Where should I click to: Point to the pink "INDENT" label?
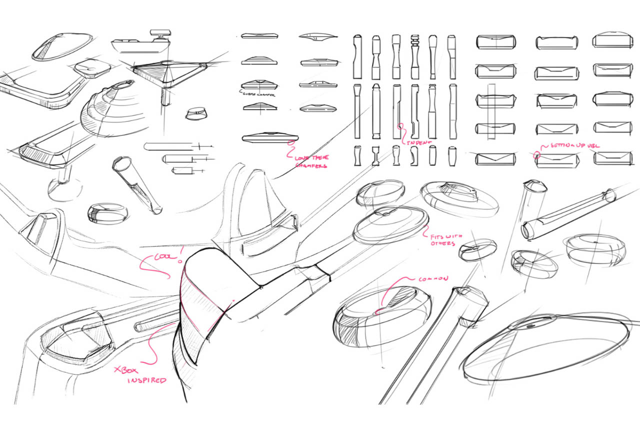418,142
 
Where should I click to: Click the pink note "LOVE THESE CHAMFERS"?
311,161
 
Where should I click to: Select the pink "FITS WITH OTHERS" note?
442,239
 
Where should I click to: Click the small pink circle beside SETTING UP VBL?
537,155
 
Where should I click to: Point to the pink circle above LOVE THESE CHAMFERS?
289,143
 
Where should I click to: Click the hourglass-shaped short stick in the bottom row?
375,155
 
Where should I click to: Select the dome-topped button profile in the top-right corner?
608,41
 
